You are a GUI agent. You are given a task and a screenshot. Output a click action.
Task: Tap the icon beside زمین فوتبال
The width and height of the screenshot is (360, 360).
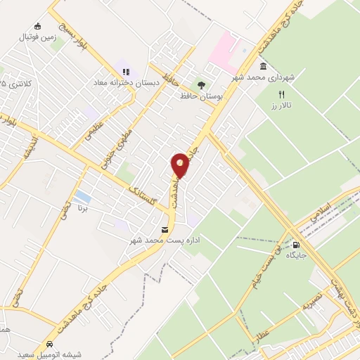[x=37, y=27]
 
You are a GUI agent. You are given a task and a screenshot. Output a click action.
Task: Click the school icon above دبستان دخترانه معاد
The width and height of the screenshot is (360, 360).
[x=126, y=72]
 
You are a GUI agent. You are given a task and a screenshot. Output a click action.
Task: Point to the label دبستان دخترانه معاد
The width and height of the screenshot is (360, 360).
[x=120, y=82]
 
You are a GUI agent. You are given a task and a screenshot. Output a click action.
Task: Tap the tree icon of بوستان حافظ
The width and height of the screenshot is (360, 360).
[x=202, y=85]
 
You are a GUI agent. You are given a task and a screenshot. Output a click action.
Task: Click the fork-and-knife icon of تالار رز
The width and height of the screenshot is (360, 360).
[x=281, y=94]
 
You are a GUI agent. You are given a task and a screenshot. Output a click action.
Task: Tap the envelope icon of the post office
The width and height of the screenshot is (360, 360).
[x=165, y=230]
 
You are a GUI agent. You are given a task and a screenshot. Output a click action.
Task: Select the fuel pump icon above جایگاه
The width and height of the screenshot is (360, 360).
[x=285, y=245]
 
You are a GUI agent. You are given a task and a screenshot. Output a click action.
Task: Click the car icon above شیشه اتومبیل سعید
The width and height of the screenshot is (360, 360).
[x=50, y=345]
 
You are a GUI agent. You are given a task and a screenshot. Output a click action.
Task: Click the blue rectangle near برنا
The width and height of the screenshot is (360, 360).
[x=82, y=195]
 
